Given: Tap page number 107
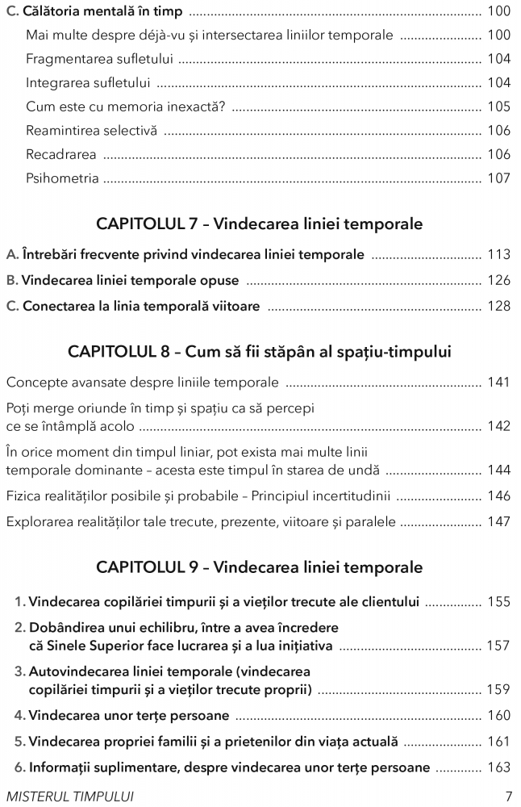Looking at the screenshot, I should click(x=498, y=178).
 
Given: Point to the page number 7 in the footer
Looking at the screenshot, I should click(x=508, y=794).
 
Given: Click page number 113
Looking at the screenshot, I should click(x=498, y=254).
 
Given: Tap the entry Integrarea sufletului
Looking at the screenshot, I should click(x=90, y=83).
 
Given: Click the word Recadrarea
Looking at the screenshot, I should click(x=60, y=154).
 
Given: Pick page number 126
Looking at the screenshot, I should click(x=498, y=280).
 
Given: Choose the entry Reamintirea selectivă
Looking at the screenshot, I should click(x=91, y=131).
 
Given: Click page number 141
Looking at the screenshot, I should click(x=498, y=382).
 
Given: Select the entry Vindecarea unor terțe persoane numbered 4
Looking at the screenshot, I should click(x=128, y=714).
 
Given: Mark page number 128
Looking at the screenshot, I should click(x=498, y=306).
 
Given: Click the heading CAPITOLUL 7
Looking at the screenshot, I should click(x=148, y=224).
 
